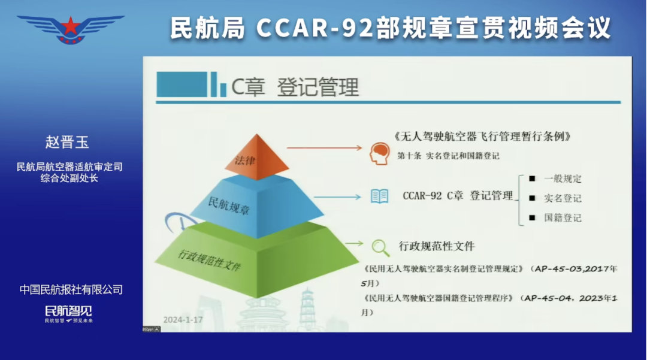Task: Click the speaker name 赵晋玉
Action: [x=71, y=142]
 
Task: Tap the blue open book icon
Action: [x=379, y=196]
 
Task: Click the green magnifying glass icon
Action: [x=380, y=246]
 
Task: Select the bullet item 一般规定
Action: [x=562, y=179]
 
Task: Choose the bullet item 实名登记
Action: [x=562, y=198]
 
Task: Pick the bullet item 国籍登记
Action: [x=562, y=218]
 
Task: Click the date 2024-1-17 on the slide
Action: [x=183, y=319]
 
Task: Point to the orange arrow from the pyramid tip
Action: [x=323, y=147]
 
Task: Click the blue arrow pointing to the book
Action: [x=335, y=196]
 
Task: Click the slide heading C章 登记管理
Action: [x=295, y=87]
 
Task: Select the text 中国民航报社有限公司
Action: [x=71, y=290]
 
